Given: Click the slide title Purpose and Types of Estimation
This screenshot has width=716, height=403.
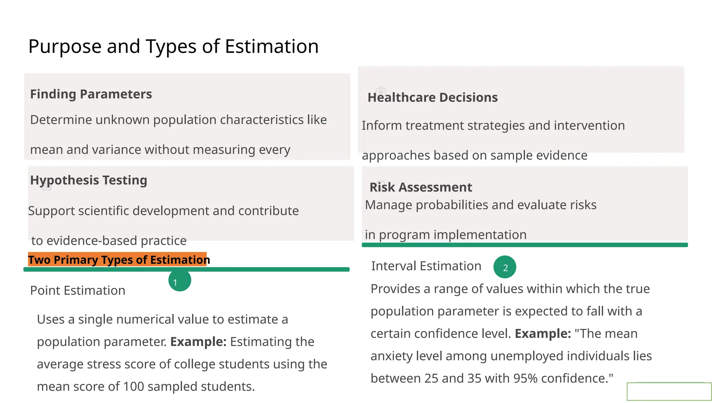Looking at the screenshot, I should (x=173, y=46).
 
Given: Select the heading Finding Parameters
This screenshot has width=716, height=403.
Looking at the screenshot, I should (x=91, y=94).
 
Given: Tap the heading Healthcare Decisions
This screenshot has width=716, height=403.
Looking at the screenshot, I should (x=432, y=97).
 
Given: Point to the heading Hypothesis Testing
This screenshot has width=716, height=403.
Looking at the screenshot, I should (x=88, y=180).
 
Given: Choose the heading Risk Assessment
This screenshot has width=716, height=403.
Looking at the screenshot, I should (x=421, y=187).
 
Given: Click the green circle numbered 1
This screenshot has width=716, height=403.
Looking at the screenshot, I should (x=179, y=280).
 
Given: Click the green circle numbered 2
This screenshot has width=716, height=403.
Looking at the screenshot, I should (x=504, y=267).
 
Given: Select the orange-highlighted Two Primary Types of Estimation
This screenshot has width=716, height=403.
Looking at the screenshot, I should (x=119, y=260).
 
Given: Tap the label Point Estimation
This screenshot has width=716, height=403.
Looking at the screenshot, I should (x=78, y=290).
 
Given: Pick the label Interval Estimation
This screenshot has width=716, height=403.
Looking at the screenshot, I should (x=426, y=266).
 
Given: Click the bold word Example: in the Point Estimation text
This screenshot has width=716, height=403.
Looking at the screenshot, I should (x=198, y=342).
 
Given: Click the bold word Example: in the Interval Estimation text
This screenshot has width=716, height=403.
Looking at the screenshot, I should (x=543, y=334).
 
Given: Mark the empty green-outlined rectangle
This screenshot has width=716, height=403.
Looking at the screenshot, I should (x=669, y=391).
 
